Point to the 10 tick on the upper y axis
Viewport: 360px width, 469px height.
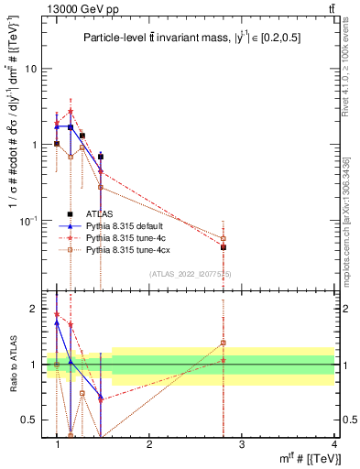(30, 69)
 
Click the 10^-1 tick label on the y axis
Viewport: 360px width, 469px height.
(27, 220)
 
